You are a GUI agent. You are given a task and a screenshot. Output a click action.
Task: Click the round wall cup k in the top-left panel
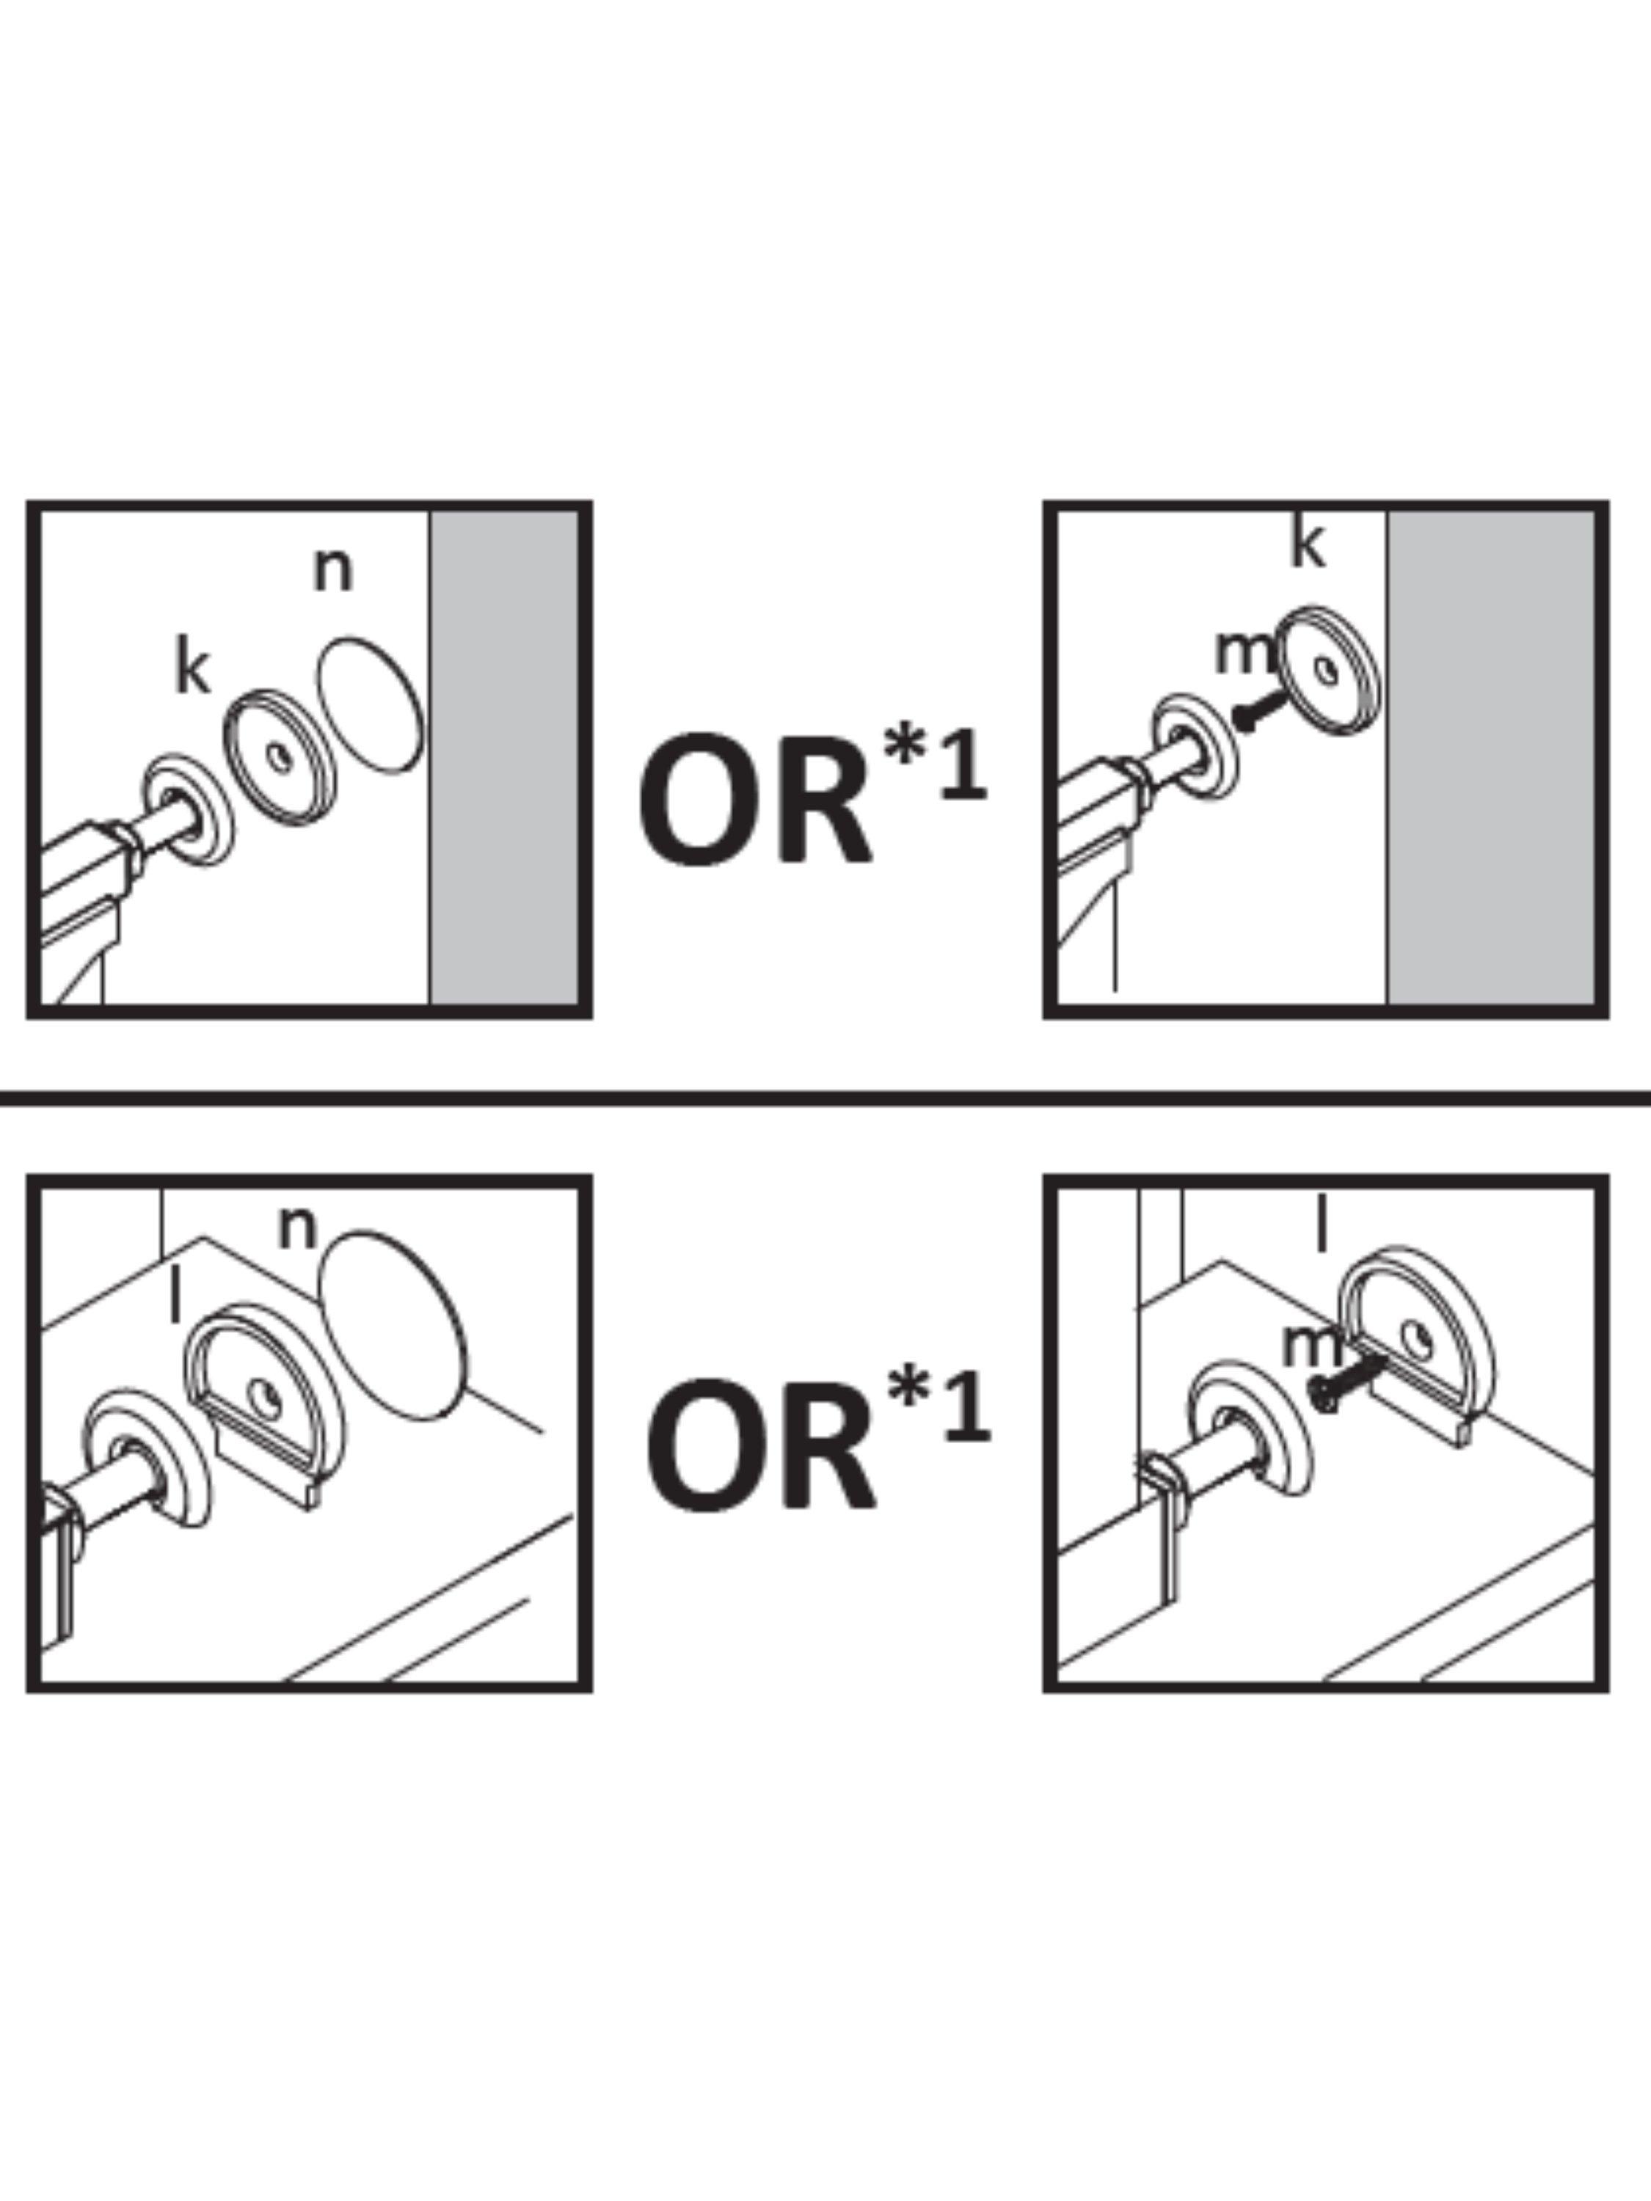[x=279, y=756]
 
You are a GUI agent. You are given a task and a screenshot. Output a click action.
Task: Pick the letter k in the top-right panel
[x=1308, y=544]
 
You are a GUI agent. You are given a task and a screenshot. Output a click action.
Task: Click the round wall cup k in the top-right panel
[x=1330, y=671]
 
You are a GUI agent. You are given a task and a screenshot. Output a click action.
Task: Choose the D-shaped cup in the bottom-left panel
[x=265, y=1404]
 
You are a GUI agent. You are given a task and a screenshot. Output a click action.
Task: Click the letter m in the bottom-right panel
[x=1312, y=1346]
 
